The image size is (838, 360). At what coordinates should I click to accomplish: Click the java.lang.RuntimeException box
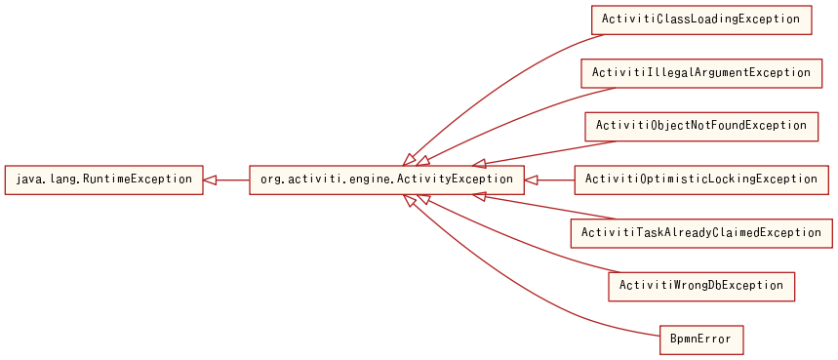coord(104,180)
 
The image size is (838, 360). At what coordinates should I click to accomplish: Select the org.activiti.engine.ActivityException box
coord(386,180)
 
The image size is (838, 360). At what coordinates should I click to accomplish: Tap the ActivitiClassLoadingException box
coord(700,20)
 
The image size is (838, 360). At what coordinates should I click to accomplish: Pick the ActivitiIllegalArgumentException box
coord(699,73)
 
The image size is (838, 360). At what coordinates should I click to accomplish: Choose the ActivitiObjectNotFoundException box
coord(700,126)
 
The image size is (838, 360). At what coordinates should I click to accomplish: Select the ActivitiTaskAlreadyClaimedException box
coord(701,233)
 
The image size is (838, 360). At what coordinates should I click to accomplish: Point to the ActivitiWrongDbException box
coord(700,286)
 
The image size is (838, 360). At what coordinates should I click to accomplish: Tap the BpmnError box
coord(700,340)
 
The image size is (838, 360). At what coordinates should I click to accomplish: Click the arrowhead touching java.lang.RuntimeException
coord(211,180)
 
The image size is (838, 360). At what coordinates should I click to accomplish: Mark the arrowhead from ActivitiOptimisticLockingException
coord(531,180)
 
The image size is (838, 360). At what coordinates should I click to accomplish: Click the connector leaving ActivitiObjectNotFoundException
coord(556,152)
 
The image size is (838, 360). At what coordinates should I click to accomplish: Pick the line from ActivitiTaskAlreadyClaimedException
coord(556,208)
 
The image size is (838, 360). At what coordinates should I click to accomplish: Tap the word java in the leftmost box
coord(29,180)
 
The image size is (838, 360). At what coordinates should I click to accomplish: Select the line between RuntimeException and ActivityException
coord(234,180)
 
